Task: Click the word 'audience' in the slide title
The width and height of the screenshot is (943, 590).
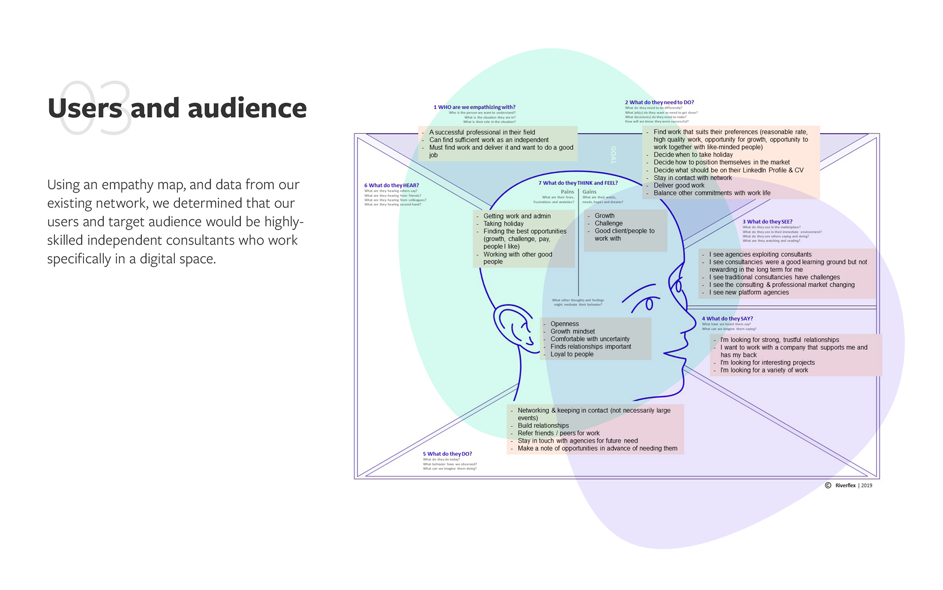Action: [x=247, y=109]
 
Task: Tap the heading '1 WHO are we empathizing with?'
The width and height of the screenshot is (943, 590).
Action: [x=474, y=107]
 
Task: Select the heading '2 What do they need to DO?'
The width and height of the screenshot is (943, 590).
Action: [x=659, y=103]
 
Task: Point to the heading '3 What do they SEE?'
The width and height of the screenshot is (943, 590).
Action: [x=767, y=222]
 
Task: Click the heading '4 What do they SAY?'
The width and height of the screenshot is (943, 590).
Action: [x=727, y=319]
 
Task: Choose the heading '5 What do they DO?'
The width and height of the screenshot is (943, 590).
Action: [x=447, y=454]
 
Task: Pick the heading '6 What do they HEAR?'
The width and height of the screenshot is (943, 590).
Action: [x=391, y=185]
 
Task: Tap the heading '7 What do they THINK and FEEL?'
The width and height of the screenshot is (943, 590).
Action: [x=578, y=183]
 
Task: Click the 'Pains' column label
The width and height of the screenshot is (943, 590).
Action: [x=567, y=192]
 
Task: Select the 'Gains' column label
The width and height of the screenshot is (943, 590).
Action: [x=589, y=192]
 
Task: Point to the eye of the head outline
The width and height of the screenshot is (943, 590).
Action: [x=649, y=304]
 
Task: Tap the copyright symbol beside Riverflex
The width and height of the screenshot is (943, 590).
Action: [x=828, y=485]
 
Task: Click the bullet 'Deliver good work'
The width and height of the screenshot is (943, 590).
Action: [x=679, y=185]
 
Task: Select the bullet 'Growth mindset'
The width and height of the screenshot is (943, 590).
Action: [x=572, y=331]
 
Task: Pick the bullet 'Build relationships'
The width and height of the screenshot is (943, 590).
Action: [x=543, y=425]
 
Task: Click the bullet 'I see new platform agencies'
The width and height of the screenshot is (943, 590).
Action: [x=749, y=292]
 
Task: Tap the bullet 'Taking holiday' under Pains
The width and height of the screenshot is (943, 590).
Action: [x=503, y=224]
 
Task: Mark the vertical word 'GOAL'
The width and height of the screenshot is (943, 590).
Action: [x=613, y=155]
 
